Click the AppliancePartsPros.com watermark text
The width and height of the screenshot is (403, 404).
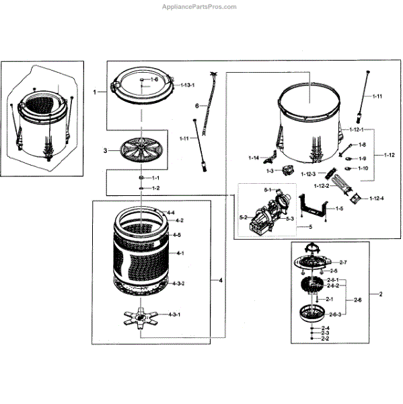click(200, 7)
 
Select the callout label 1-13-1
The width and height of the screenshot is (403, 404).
click(187, 86)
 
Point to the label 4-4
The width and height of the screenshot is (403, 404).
click(170, 213)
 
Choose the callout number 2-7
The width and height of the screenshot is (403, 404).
click(342, 261)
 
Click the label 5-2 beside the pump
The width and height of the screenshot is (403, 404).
click(244, 217)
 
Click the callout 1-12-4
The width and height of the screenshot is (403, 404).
click(376, 197)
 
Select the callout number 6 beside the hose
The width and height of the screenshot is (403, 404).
click(196, 106)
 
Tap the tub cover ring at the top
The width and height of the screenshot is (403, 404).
click(142, 86)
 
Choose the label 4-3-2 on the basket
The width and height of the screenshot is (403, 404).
click(177, 283)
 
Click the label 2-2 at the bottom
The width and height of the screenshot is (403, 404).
click(324, 338)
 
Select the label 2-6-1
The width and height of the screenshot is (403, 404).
click(332, 279)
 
